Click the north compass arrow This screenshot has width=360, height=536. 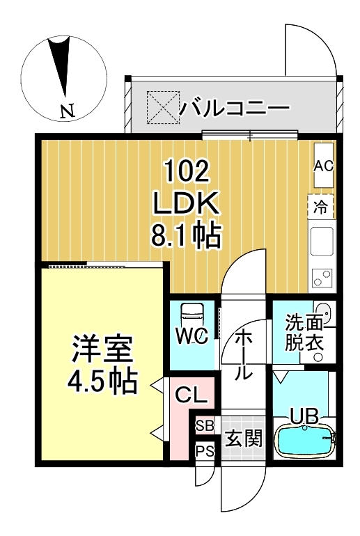tap(63, 66)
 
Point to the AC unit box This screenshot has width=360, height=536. tap(324, 165)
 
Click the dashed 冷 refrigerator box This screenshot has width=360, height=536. tap(321, 206)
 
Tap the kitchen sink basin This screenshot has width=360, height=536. tap(322, 242)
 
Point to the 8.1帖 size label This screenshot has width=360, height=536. tap(186, 237)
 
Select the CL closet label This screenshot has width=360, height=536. tap(191, 397)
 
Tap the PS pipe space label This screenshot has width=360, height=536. tap(205, 451)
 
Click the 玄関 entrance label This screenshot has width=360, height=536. tap(243, 439)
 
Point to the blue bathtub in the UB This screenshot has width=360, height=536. tap(305, 440)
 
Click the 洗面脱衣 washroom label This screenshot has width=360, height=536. tap(304, 333)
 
